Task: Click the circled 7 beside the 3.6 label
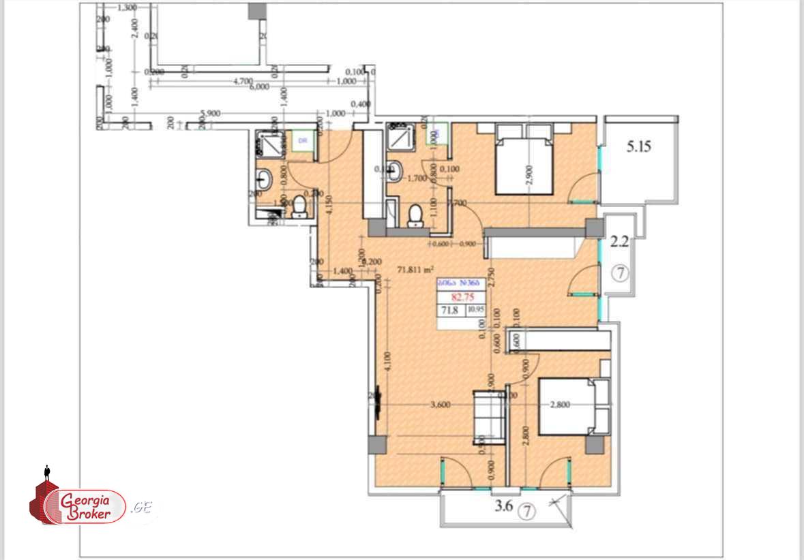click(526, 509)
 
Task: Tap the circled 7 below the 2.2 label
click(620, 273)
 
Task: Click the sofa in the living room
click(490, 414)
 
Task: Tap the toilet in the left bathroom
click(299, 206)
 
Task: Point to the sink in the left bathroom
click(265, 180)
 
